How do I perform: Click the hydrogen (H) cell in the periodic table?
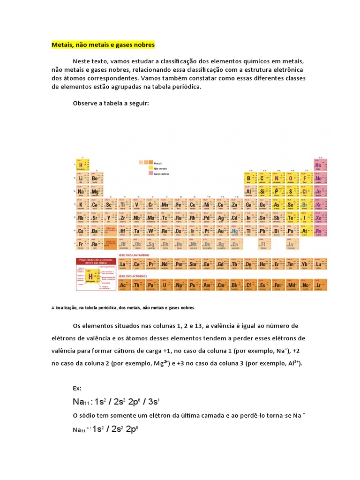click(x=81, y=166)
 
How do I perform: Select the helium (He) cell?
click(x=318, y=166)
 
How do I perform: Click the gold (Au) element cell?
click(x=221, y=231)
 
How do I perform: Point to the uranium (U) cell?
click(x=165, y=285)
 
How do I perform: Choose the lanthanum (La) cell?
click(x=124, y=265)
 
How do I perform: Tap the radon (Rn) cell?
click(x=318, y=231)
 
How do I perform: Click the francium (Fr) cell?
click(x=81, y=244)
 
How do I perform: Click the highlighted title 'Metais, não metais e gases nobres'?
click(x=103, y=45)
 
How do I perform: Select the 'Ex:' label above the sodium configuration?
click(x=77, y=388)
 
